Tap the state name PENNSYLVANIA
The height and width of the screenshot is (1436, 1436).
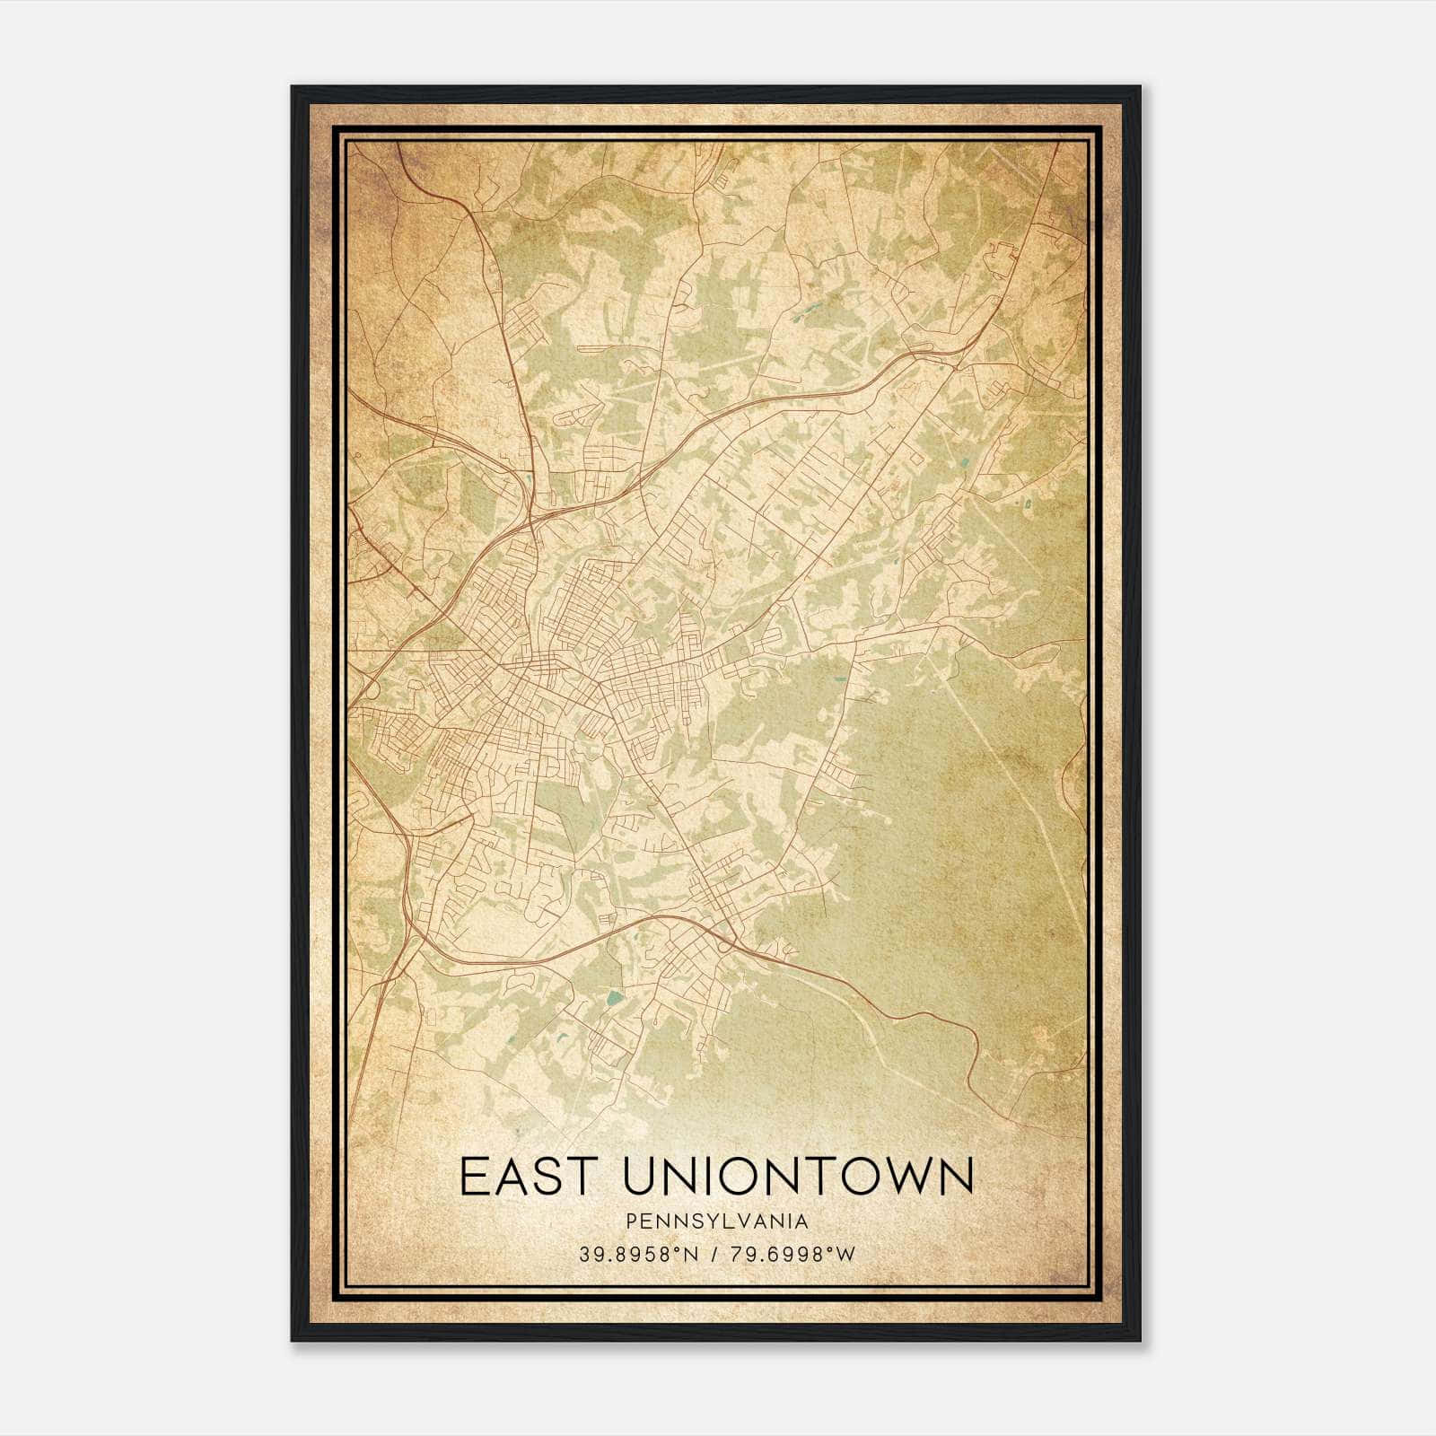click(717, 1221)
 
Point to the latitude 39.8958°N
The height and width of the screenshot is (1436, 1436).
click(638, 1255)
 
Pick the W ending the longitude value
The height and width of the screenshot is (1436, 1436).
click(846, 1255)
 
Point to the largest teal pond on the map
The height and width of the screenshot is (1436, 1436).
click(613, 997)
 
